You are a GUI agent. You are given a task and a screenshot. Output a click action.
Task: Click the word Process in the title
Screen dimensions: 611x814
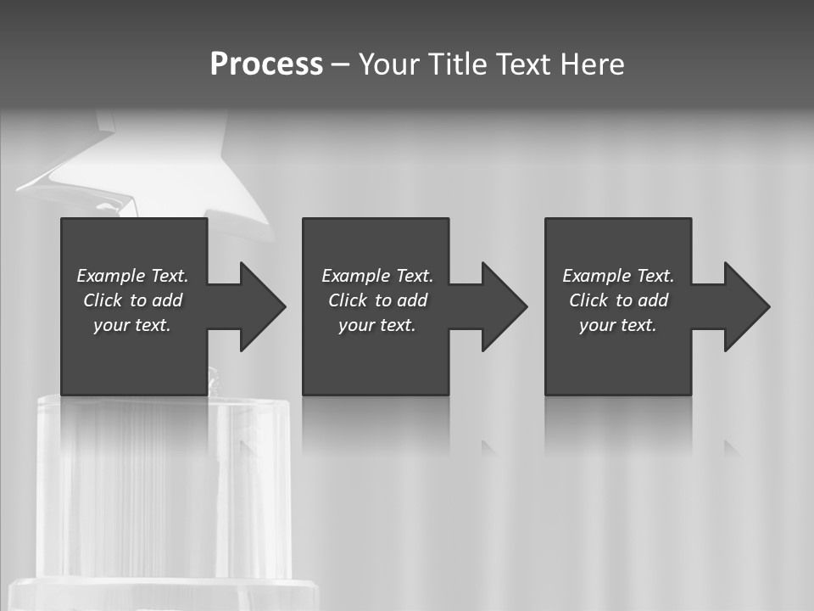(266, 64)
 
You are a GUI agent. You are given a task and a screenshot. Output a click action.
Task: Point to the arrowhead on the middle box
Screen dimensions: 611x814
(503, 306)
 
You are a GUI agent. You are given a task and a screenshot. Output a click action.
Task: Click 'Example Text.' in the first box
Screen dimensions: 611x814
(132, 276)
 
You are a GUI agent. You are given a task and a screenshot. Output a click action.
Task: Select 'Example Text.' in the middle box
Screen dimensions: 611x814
(377, 276)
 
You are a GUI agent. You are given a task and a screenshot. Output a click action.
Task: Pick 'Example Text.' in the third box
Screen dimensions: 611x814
(618, 276)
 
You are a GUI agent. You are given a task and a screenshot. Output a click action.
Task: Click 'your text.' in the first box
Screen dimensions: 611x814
(132, 325)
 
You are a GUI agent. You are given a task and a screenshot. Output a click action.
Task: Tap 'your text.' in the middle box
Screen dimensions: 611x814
(377, 325)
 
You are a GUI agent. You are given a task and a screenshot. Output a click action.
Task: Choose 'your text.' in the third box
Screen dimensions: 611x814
(618, 325)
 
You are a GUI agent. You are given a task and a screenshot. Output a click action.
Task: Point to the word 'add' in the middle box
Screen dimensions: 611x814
(412, 300)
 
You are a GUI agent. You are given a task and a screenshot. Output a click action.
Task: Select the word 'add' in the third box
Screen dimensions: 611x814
(653, 300)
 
